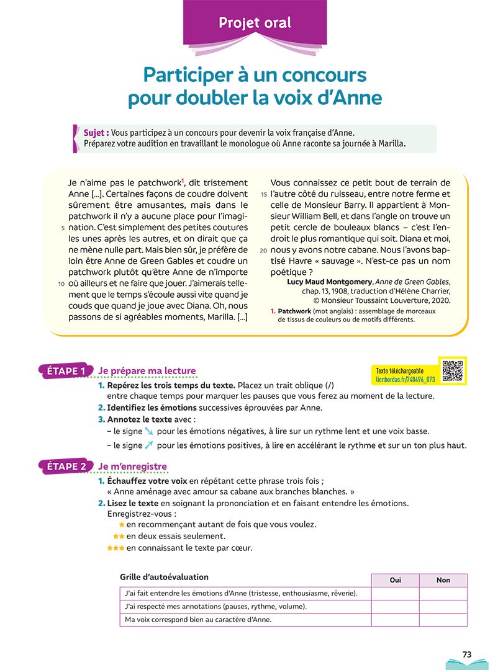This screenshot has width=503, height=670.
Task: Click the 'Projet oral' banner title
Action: pyautogui.click(x=255, y=24)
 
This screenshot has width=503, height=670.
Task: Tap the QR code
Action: pyautogui.click(x=452, y=370)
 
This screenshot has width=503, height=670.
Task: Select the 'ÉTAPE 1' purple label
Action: pyautogui.click(x=66, y=371)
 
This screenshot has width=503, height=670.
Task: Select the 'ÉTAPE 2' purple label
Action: pyautogui.click(x=66, y=467)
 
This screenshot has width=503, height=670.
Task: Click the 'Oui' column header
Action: pyautogui.click(x=395, y=580)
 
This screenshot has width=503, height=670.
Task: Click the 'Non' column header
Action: pyautogui.click(x=443, y=580)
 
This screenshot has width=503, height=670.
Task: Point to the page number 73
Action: pyautogui.click(x=468, y=654)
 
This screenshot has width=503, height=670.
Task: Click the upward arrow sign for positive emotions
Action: pyautogui.click(x=148, y=445)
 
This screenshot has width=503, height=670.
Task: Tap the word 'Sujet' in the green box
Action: pyautogui.click(x=96, y=133)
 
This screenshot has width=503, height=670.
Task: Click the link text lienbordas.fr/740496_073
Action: pyautogui.click(x=405, y=378)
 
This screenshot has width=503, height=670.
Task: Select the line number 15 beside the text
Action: pyautogui.click(x=263, y=194)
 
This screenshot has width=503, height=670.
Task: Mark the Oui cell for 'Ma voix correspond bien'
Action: pyautogui.click(x=395, y=620)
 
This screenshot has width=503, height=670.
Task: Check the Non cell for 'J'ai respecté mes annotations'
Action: pyautogui.click(x=443, y=607)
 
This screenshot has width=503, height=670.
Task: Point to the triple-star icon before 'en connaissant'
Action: pyautogui.click(x=116, y=548)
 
